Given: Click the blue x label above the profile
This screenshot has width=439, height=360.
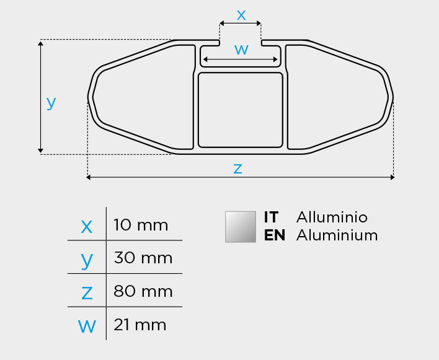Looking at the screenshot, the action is [x=241, y=15].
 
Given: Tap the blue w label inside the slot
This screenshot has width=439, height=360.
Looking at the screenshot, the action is [x=241, y=50].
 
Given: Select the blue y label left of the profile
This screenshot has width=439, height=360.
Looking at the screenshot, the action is [x=51, y=103].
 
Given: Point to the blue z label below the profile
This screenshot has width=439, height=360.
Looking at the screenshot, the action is [x=237, y=169].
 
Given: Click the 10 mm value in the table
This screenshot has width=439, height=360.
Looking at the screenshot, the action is [x=141, y=225].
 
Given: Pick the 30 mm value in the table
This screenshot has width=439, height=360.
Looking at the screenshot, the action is [x=143, y=258].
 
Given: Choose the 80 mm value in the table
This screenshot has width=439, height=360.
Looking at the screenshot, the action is [x=143, y=291].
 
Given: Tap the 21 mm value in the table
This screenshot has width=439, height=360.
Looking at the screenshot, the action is [x=140, y=325].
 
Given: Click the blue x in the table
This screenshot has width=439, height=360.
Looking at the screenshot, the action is [x=87, y=227].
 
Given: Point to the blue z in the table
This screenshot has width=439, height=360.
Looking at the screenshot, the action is [x=87, y=293].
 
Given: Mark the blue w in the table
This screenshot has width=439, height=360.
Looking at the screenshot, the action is [x=87, y=326].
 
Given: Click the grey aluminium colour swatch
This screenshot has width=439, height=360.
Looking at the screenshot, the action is [x=241, y=227].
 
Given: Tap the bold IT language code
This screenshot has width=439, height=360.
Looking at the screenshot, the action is [x=271, y=217].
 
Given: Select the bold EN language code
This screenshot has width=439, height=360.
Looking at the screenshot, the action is [x=275, y=235].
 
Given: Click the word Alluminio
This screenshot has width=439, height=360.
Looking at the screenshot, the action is [x=332, y=217].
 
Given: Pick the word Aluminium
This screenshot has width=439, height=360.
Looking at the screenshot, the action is [x=337, y=235].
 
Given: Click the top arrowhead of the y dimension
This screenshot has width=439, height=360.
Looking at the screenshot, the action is [x=40, y=43].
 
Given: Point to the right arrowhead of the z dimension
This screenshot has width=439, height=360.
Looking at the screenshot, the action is [x=392, y=177].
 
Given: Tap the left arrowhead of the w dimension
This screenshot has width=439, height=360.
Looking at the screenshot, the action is [x=205, y=59].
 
